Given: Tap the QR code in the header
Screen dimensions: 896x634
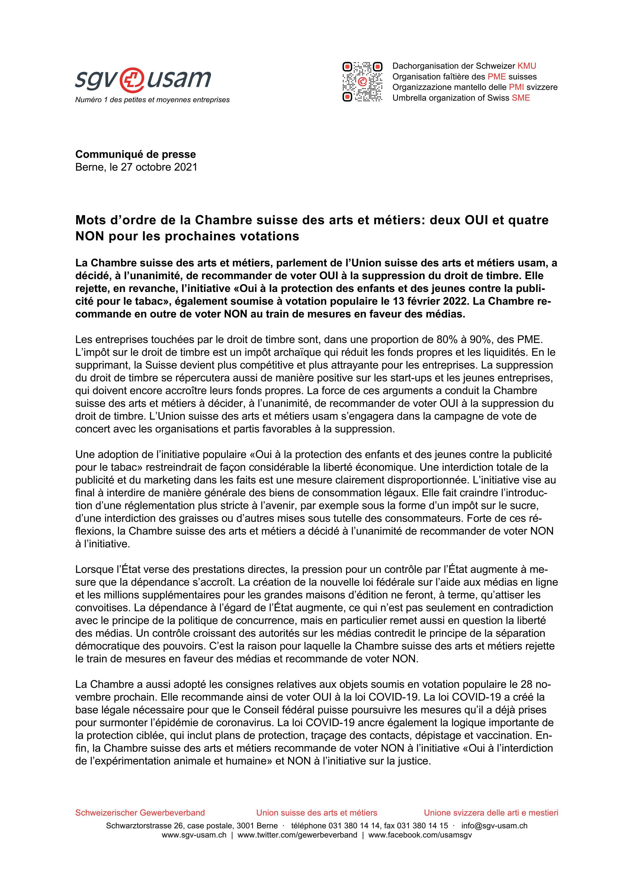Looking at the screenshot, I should tap(362, 81).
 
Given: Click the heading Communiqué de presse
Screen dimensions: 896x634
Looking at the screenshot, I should tap(136, 154).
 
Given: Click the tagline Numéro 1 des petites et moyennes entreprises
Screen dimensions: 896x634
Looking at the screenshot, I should tap(152, 100).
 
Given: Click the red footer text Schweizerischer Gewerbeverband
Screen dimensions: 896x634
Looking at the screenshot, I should tap(140, 812).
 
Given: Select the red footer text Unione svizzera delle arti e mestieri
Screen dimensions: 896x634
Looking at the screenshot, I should tap(491, 812).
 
